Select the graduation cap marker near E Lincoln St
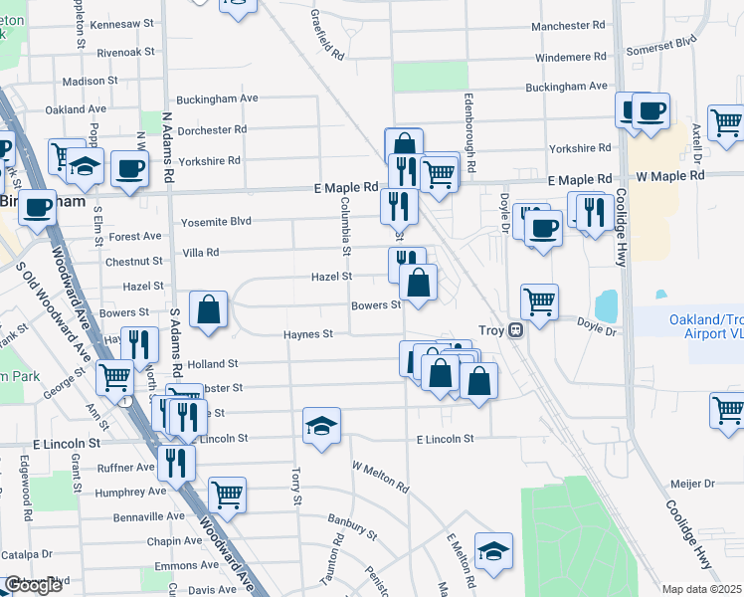click(x=322, y=426)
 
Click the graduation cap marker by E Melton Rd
click(x=493, y=551)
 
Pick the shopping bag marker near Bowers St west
click(x=208, y=309)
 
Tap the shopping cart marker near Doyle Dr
click(x=539, y=301)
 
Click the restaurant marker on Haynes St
click(x=139, y=344)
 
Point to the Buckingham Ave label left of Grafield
click(x=217, y=99)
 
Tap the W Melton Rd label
click(x=381, y=476)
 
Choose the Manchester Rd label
click(x=568, y=24)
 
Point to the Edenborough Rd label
click(x=469, y=130)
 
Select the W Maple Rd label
click(x=670, y=176)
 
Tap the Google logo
click(x=32, y=585)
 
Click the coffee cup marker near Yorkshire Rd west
click(x=128, y=168)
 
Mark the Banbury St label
click(x=353, y=526)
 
